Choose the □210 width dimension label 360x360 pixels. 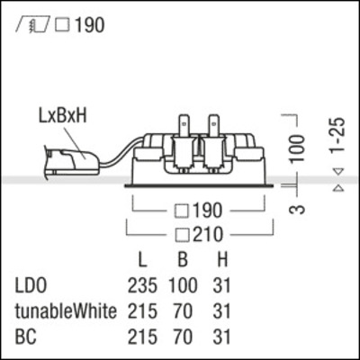pyautogui.click(x=201, y=236)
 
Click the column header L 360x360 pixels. pyautogui.click(x=142, y=261)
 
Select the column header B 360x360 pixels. pyautogui.click(x=183, y=261)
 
